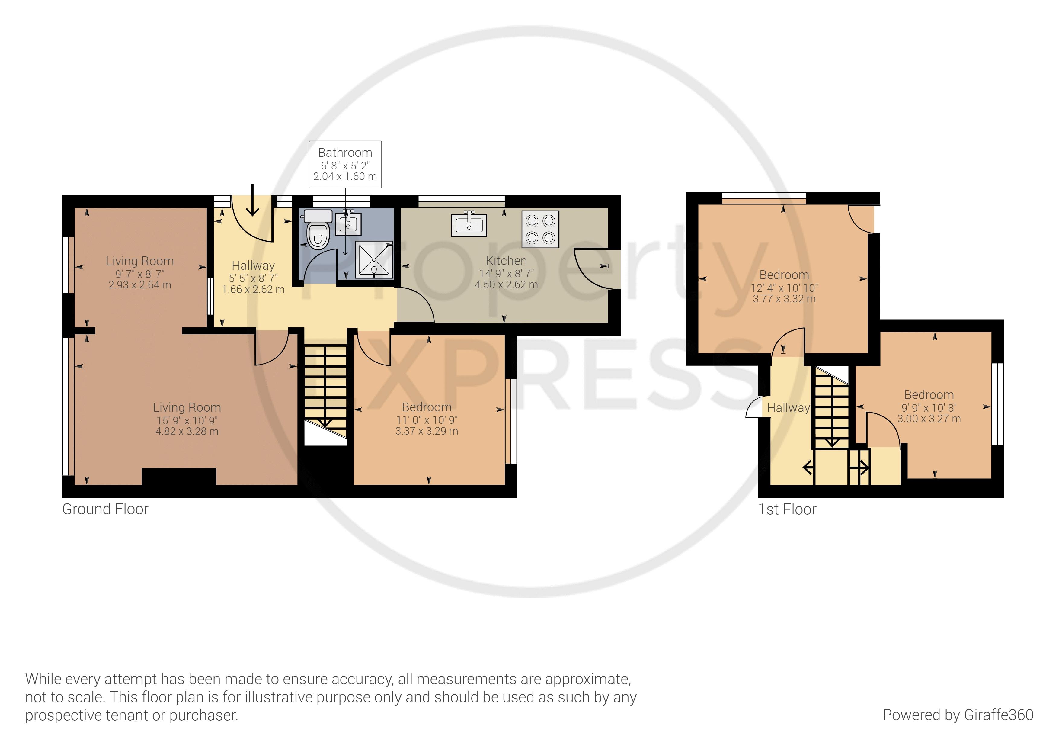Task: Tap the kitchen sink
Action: (469, 223)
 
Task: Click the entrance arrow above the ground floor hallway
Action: (252, 200)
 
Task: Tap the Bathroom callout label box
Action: (345, 164)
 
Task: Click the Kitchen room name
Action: (506, 261)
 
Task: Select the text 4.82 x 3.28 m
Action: (187, 432)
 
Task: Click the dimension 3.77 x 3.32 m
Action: (784, 299)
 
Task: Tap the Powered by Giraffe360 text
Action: (958, 715)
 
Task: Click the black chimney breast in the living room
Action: (179, 477)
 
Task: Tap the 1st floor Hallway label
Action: (788, 408)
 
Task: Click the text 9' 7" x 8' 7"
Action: (140, 274)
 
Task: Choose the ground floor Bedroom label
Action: (427, 407)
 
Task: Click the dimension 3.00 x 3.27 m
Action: (929, 419)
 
